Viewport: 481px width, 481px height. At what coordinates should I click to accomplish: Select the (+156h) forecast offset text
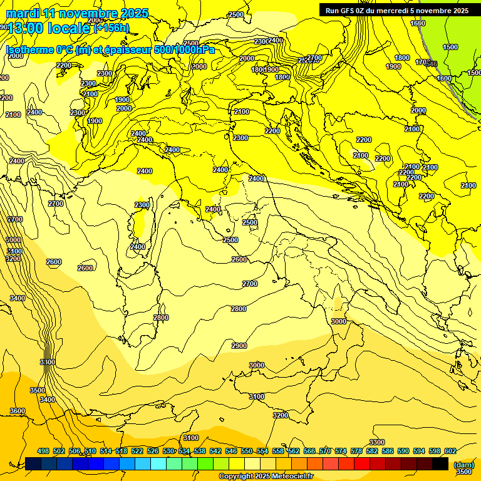click(x=111, y=28)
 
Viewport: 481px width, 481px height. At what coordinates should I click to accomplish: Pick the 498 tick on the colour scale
click(x=43, y=451)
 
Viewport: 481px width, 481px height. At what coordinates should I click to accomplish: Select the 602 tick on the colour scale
click(x=450, y=451)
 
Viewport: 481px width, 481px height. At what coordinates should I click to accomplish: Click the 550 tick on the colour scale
click(x=247, y=451)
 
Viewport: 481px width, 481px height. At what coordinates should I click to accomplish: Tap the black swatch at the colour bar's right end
click(x=440, y=463)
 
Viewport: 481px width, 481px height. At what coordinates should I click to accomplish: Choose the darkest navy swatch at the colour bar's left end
click(x=33, y=463)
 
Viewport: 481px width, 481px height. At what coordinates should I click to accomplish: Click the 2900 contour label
click(x=239, y=346)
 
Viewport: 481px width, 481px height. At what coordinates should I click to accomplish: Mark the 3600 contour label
click(x=18, y=411)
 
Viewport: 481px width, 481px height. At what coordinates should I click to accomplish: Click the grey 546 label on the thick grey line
click(x=432, y=64)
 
